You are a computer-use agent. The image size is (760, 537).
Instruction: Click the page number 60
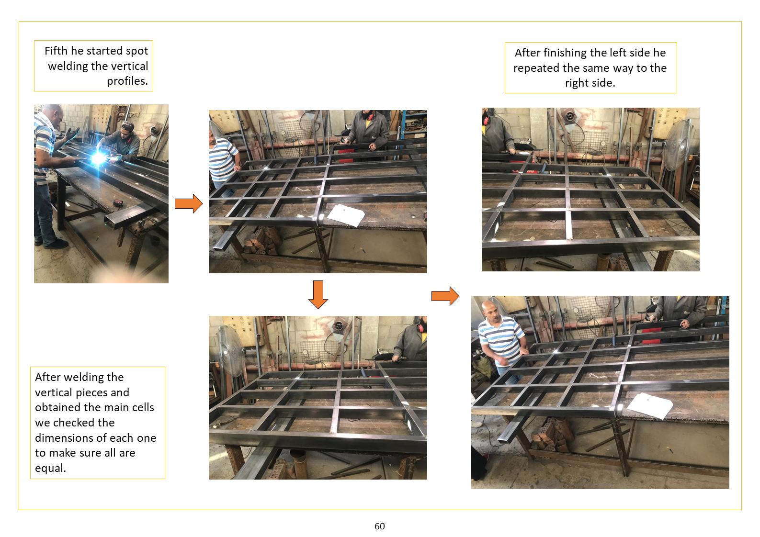click(x=380, y=526)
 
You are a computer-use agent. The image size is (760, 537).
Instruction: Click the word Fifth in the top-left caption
click(x=57, y=51)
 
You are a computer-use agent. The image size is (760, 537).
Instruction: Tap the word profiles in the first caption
click(x=126, y=81)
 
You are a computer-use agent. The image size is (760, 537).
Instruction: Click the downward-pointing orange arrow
click(x=318, y=294)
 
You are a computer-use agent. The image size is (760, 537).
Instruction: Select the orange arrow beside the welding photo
click(x=189, y=204)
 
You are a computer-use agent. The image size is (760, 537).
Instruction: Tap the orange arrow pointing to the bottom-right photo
click(x=445, y=296)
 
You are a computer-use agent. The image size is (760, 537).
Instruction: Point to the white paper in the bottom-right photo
click(x=650, y=406)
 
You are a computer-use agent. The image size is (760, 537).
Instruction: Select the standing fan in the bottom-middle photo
click(x=230, y=351)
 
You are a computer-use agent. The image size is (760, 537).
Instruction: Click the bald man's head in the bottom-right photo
click(x=490, y=310)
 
